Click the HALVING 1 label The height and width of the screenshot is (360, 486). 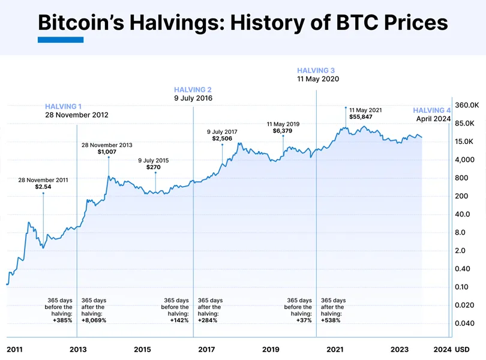point(64,106)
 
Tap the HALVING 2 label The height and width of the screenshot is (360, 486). point(193,89)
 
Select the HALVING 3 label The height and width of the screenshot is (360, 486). point(316,71)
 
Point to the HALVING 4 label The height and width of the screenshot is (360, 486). point(432,110)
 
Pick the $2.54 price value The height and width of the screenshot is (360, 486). point(43,187)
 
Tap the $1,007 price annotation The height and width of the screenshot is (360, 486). point(107,152)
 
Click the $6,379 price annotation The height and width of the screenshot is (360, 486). point(283,131)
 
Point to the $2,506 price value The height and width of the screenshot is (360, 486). point(222,139)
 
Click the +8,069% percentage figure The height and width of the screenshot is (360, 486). point(94,320)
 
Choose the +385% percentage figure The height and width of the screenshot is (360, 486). point(62,320)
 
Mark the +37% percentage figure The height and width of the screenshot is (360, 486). point(304,320)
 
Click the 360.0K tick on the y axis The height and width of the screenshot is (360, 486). point(466,105)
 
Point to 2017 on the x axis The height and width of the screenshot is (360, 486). point(206,349)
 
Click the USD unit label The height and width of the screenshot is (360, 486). point(463,349)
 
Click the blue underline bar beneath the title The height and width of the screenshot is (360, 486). point(61,40)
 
